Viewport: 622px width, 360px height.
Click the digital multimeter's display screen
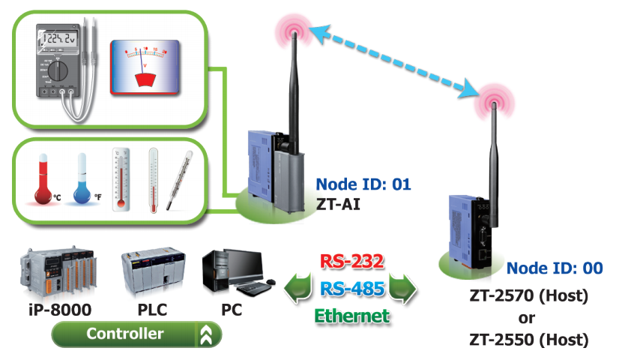click(58, 38)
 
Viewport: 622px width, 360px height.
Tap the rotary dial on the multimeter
click(58, 71)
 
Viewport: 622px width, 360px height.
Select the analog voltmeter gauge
click(145, 67)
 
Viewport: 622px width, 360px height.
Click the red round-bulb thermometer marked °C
click(43, 178)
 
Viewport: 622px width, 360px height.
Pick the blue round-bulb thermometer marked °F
click(82, 178)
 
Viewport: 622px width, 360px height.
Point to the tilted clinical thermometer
click(179, 180)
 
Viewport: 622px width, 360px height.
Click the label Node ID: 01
click(363, 184)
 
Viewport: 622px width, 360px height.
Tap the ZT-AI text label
click(338, 205)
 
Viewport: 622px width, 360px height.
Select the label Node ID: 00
click(555, 268)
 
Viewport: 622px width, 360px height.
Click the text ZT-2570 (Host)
click(529, 295)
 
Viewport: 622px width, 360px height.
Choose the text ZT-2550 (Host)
click(529, 340)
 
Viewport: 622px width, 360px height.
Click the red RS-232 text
click(352, 262)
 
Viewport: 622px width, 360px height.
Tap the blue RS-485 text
click(352, 289)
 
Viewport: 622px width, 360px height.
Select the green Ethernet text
click(352, 316)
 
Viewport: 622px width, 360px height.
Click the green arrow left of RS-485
click(298, 289)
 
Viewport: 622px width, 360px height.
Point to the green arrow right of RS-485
click(402, 289)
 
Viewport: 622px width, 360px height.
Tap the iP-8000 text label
click(60, 310)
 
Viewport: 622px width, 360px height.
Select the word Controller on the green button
click(125, 334)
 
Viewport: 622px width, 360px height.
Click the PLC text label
click(152, 310)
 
